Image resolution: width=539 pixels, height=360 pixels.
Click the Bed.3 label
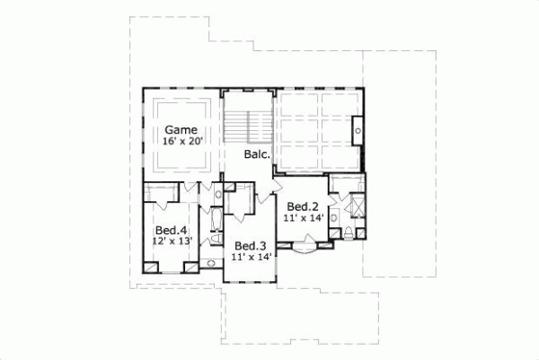click(x=250, y=246)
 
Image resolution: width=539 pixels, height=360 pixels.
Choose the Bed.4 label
click(x=172, y=230)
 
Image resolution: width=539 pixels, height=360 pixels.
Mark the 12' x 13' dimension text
click(x=172, y=241)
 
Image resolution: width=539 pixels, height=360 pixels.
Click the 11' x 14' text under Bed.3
click(x=251, y=257)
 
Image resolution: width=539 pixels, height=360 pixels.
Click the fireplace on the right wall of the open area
click(x=358, y=128)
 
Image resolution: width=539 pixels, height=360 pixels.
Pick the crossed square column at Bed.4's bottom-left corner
click(x=150, y=266)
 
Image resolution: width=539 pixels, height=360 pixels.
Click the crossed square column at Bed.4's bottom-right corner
click(x=190, y=266)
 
